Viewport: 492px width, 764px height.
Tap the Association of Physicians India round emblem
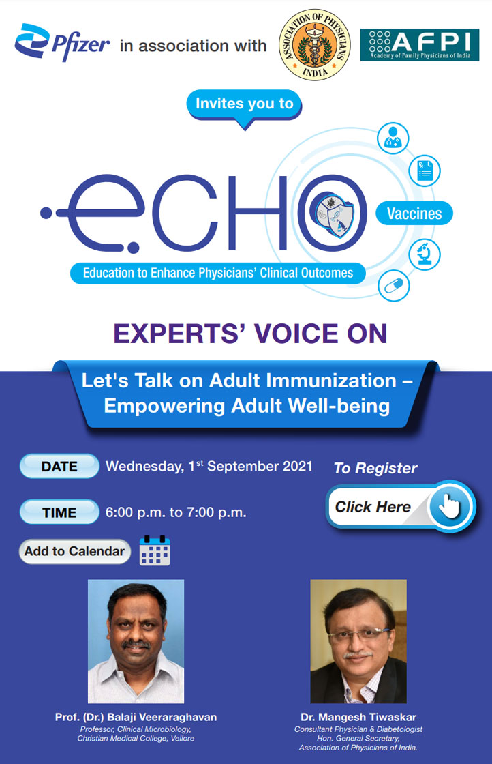pos(316,45)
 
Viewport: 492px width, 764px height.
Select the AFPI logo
pos(419,45)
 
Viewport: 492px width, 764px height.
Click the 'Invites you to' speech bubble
pos(244,104)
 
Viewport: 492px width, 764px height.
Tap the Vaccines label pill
pos(414,214)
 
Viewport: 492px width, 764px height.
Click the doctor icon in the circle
pos(393,138)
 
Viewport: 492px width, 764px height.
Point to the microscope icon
pos(424,252)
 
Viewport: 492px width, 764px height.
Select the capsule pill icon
pos(393,285)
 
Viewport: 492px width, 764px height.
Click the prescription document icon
pos(424,169)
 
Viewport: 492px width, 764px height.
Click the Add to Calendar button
pos(74,551)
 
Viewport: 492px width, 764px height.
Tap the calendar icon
pos(155,551)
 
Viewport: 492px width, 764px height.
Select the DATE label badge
pos(59,467)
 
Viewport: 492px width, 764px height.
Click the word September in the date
pos(239,467)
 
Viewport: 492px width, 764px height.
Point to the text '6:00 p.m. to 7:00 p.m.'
pos(176,512)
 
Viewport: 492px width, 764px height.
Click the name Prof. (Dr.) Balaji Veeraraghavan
pos(136,718)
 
